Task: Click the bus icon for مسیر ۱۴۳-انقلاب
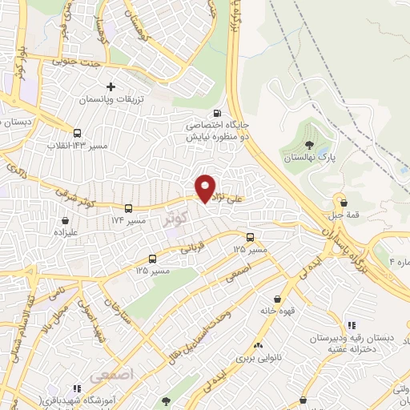77,134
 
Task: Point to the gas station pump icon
219,113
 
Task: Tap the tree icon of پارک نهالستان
309,145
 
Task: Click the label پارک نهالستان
309,159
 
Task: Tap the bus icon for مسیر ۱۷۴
127,207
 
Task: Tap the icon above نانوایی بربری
259,344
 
